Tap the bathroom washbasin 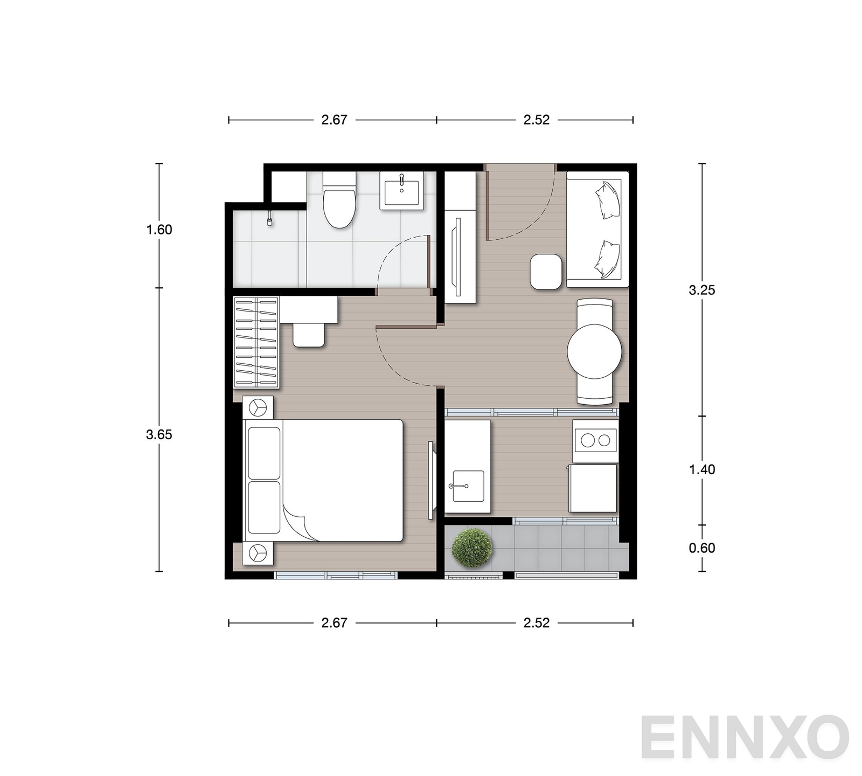(401, 190)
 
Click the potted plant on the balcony (472, 548)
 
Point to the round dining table (594, 351)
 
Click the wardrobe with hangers (256, 342)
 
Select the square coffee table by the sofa (546, 272)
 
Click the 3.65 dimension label (159, 434)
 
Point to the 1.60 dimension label (159, 230)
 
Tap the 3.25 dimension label (702, 290)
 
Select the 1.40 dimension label (702, 470)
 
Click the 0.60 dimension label (702, 548)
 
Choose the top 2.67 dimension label (335, 120)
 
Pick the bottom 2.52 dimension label (537, 623)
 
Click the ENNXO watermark (745, 737)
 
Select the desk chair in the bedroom (309, 335)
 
